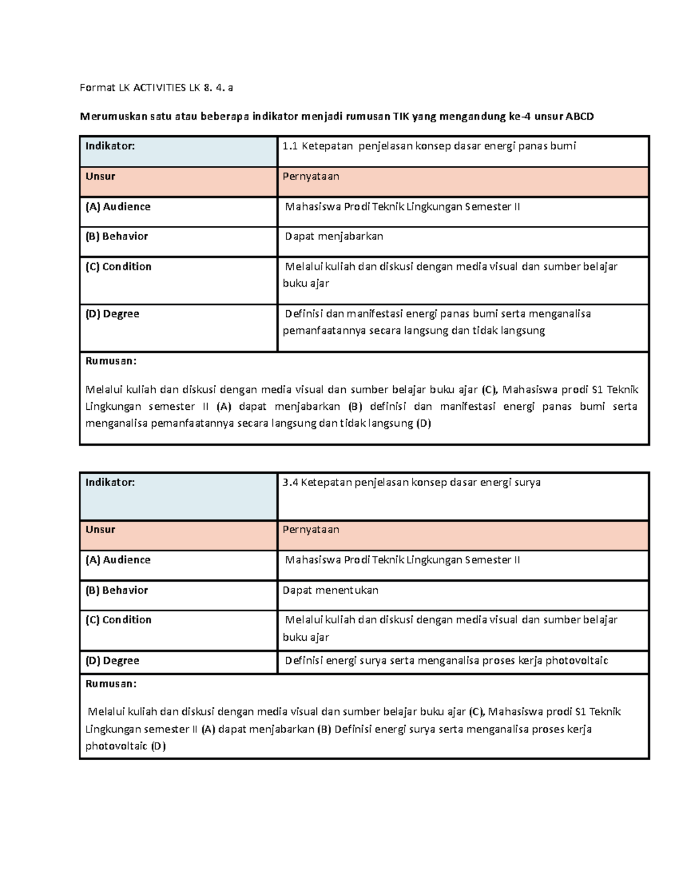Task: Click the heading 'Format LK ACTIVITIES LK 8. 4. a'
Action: (156, 88)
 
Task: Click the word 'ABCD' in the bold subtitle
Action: (580, 117)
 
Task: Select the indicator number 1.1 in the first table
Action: (290, 146)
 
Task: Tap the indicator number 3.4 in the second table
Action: (290, 483)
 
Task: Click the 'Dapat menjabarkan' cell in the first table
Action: (334, 237)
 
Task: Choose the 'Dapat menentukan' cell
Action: (330, 590)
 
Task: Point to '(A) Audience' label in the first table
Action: (118, 207)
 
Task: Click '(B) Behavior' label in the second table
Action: (117, 590)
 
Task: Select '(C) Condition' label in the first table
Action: (118, 267)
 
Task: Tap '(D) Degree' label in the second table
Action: (112, 661)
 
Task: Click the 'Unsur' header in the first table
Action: (100, 177)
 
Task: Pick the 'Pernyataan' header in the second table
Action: (311, 530)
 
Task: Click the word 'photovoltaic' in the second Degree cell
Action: (577, 661)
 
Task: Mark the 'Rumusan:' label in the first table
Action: (111, 361)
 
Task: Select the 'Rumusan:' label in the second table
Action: (111, 684)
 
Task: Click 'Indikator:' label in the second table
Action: (110, 483)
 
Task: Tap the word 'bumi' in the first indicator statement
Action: (563, 146)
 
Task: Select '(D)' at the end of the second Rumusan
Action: (158, 747)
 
